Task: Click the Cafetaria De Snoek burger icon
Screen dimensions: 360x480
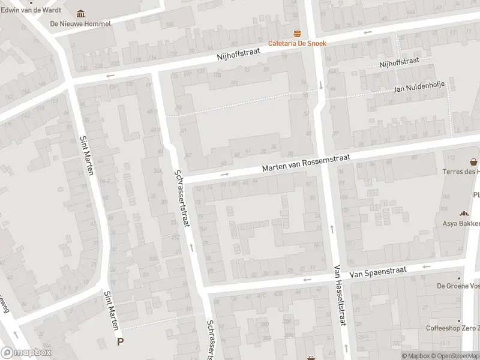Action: coord(296,34)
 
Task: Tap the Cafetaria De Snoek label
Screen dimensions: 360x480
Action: coord(296,43)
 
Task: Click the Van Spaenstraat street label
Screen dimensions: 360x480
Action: coord(378,271)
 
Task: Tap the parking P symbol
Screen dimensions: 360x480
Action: coord(120,342)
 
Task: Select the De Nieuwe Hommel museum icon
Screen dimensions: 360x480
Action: coord(81,14)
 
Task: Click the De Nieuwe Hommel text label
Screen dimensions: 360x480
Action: coord(80,24)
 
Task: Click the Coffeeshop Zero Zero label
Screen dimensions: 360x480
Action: coord(453,328)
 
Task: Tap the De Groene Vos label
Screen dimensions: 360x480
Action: coord(458,286)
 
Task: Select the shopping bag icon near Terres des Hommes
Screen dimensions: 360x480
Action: coord(474,161)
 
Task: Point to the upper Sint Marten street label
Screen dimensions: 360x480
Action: coord(88,155)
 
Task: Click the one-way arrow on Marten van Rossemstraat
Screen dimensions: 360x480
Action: coord(224,175)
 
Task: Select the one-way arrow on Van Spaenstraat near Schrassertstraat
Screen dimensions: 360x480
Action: coord(307,280)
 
